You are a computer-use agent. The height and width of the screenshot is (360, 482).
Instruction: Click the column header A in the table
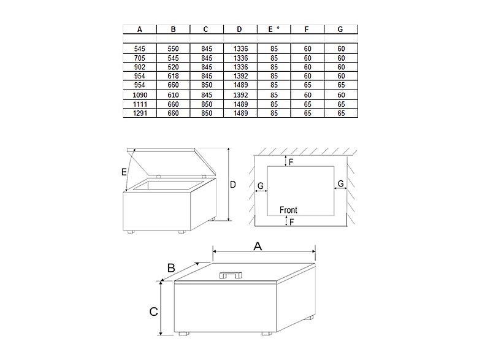[140, 29]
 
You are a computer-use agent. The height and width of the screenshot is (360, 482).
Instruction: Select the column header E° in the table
[273, 29]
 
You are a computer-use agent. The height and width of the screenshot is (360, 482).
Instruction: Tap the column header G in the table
[340, 29]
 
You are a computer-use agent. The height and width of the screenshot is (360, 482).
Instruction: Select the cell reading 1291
[140, 113]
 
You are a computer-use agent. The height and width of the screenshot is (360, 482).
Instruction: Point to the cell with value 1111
[140, 105]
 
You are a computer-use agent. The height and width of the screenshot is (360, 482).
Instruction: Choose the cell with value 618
[173, 75]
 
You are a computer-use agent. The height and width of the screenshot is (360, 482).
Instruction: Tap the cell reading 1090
[140, 95]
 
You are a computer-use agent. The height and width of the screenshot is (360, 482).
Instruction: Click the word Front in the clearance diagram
[288, 210]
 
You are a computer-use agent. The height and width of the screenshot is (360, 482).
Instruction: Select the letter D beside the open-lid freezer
[233, 184]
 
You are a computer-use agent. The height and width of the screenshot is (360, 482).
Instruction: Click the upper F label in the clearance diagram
[291, 161]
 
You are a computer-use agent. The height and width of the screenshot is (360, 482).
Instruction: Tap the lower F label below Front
[291, 221]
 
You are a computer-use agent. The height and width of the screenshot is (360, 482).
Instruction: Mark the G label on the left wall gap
[261, 185]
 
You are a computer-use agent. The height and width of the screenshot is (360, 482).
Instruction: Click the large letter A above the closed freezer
[258, 246]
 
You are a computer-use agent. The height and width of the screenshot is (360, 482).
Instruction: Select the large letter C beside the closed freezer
[153, 312]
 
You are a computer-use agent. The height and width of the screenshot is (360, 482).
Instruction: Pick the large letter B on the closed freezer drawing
[172, 267]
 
